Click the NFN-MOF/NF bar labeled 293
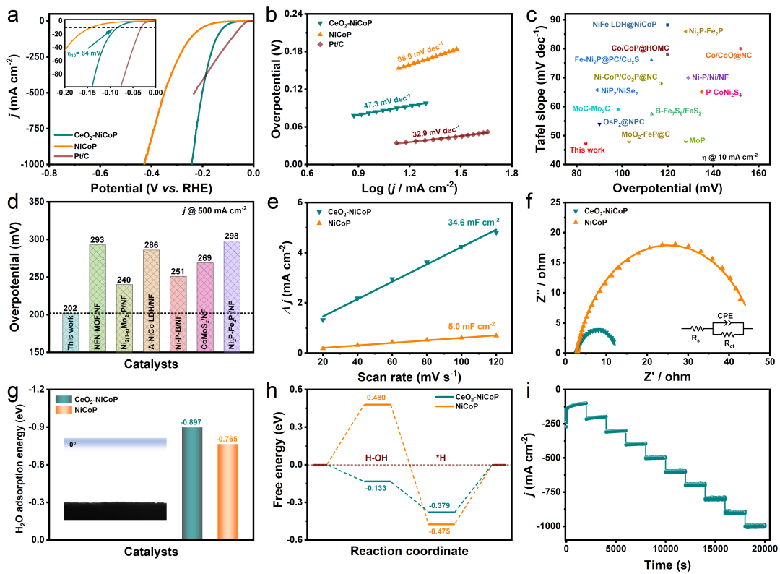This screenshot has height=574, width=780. [x=96, y=289]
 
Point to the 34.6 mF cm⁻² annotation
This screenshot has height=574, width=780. [x=477, y=221]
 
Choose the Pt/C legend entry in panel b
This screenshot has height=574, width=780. [x=345, y=45]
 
